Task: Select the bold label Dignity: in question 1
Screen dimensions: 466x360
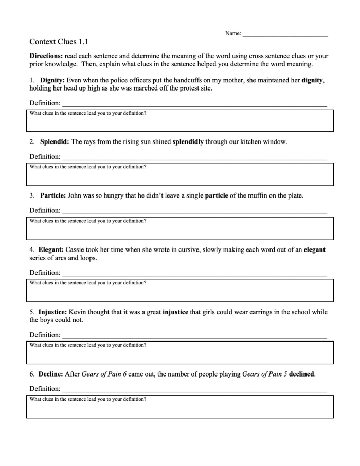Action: (x=52, y=80)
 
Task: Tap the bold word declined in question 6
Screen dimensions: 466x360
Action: (x=301, y=374)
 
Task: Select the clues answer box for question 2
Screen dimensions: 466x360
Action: (x=180, y=174)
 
